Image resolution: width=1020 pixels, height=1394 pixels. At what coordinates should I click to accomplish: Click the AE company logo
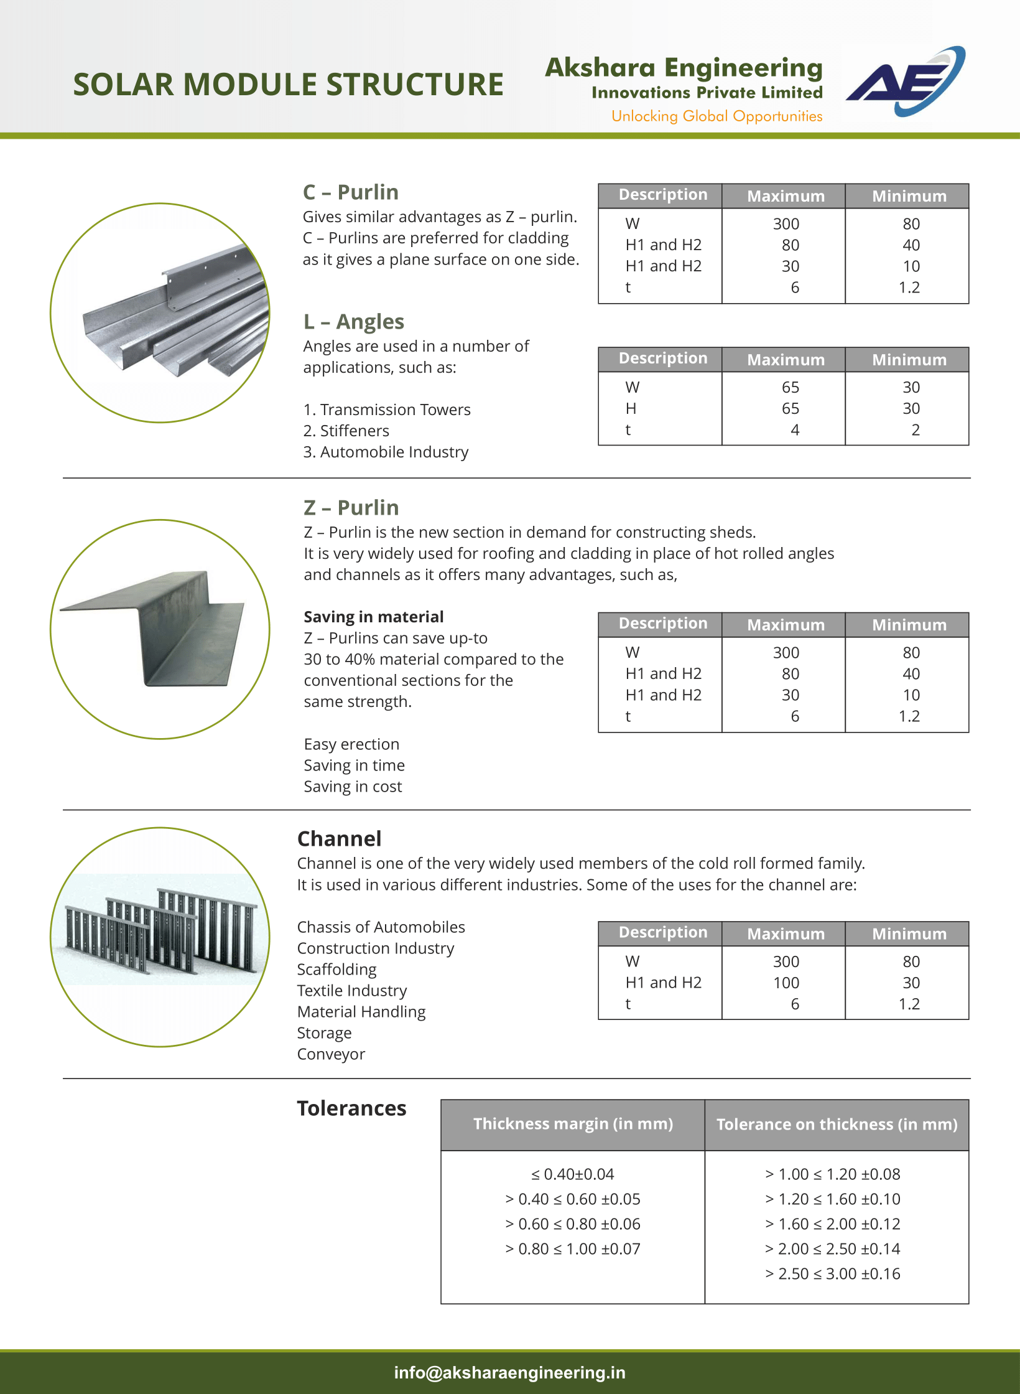tap(905, 82)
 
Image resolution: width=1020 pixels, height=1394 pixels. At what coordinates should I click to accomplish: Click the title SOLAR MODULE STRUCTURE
tap(288, 85)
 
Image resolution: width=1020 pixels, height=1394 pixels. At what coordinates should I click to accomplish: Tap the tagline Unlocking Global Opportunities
tap(716, 116)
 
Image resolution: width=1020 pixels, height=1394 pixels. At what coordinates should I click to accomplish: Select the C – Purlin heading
tap(350, 192)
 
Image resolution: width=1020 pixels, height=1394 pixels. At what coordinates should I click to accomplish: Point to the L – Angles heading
tap(353, 322)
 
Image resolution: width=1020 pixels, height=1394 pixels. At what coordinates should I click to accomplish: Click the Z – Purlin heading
tap(351, 508)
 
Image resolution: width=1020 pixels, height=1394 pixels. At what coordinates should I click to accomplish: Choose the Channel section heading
tap(339, 839)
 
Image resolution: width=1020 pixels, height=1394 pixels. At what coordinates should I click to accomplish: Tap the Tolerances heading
tap(351, 1108)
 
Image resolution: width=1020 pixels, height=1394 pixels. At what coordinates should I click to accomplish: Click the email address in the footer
tap(509, 1372)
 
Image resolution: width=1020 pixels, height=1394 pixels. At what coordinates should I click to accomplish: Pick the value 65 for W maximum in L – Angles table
tap(790, 388)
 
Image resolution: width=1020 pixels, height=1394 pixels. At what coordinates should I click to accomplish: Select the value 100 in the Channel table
tap(786, 983)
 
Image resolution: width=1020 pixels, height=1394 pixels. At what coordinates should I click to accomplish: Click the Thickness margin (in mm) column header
tap(573, 1124)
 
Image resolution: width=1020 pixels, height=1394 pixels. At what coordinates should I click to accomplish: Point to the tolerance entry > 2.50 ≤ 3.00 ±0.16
tap(833, 1274)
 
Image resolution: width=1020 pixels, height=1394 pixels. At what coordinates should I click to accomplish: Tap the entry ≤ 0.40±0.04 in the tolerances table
tap(572, 1174)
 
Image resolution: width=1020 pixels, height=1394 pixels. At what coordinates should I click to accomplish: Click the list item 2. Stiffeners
tap(346, 431)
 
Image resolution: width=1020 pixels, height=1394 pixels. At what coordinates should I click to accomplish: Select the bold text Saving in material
tap(373, 617)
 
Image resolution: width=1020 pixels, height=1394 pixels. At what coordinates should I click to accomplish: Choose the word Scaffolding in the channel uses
tap(336, 970)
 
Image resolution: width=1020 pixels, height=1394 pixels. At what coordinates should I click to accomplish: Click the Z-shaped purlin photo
tap(160, 629)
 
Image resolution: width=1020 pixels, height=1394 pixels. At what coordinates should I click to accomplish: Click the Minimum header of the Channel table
tap(909, 933)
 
